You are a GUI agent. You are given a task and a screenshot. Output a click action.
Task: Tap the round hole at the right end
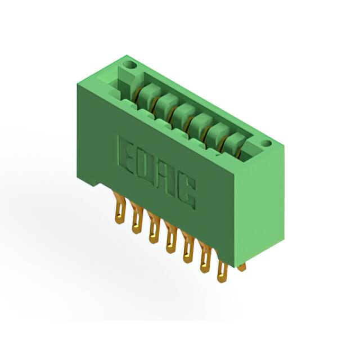pos(266,143)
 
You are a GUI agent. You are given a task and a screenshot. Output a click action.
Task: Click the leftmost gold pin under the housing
pos(119,208)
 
